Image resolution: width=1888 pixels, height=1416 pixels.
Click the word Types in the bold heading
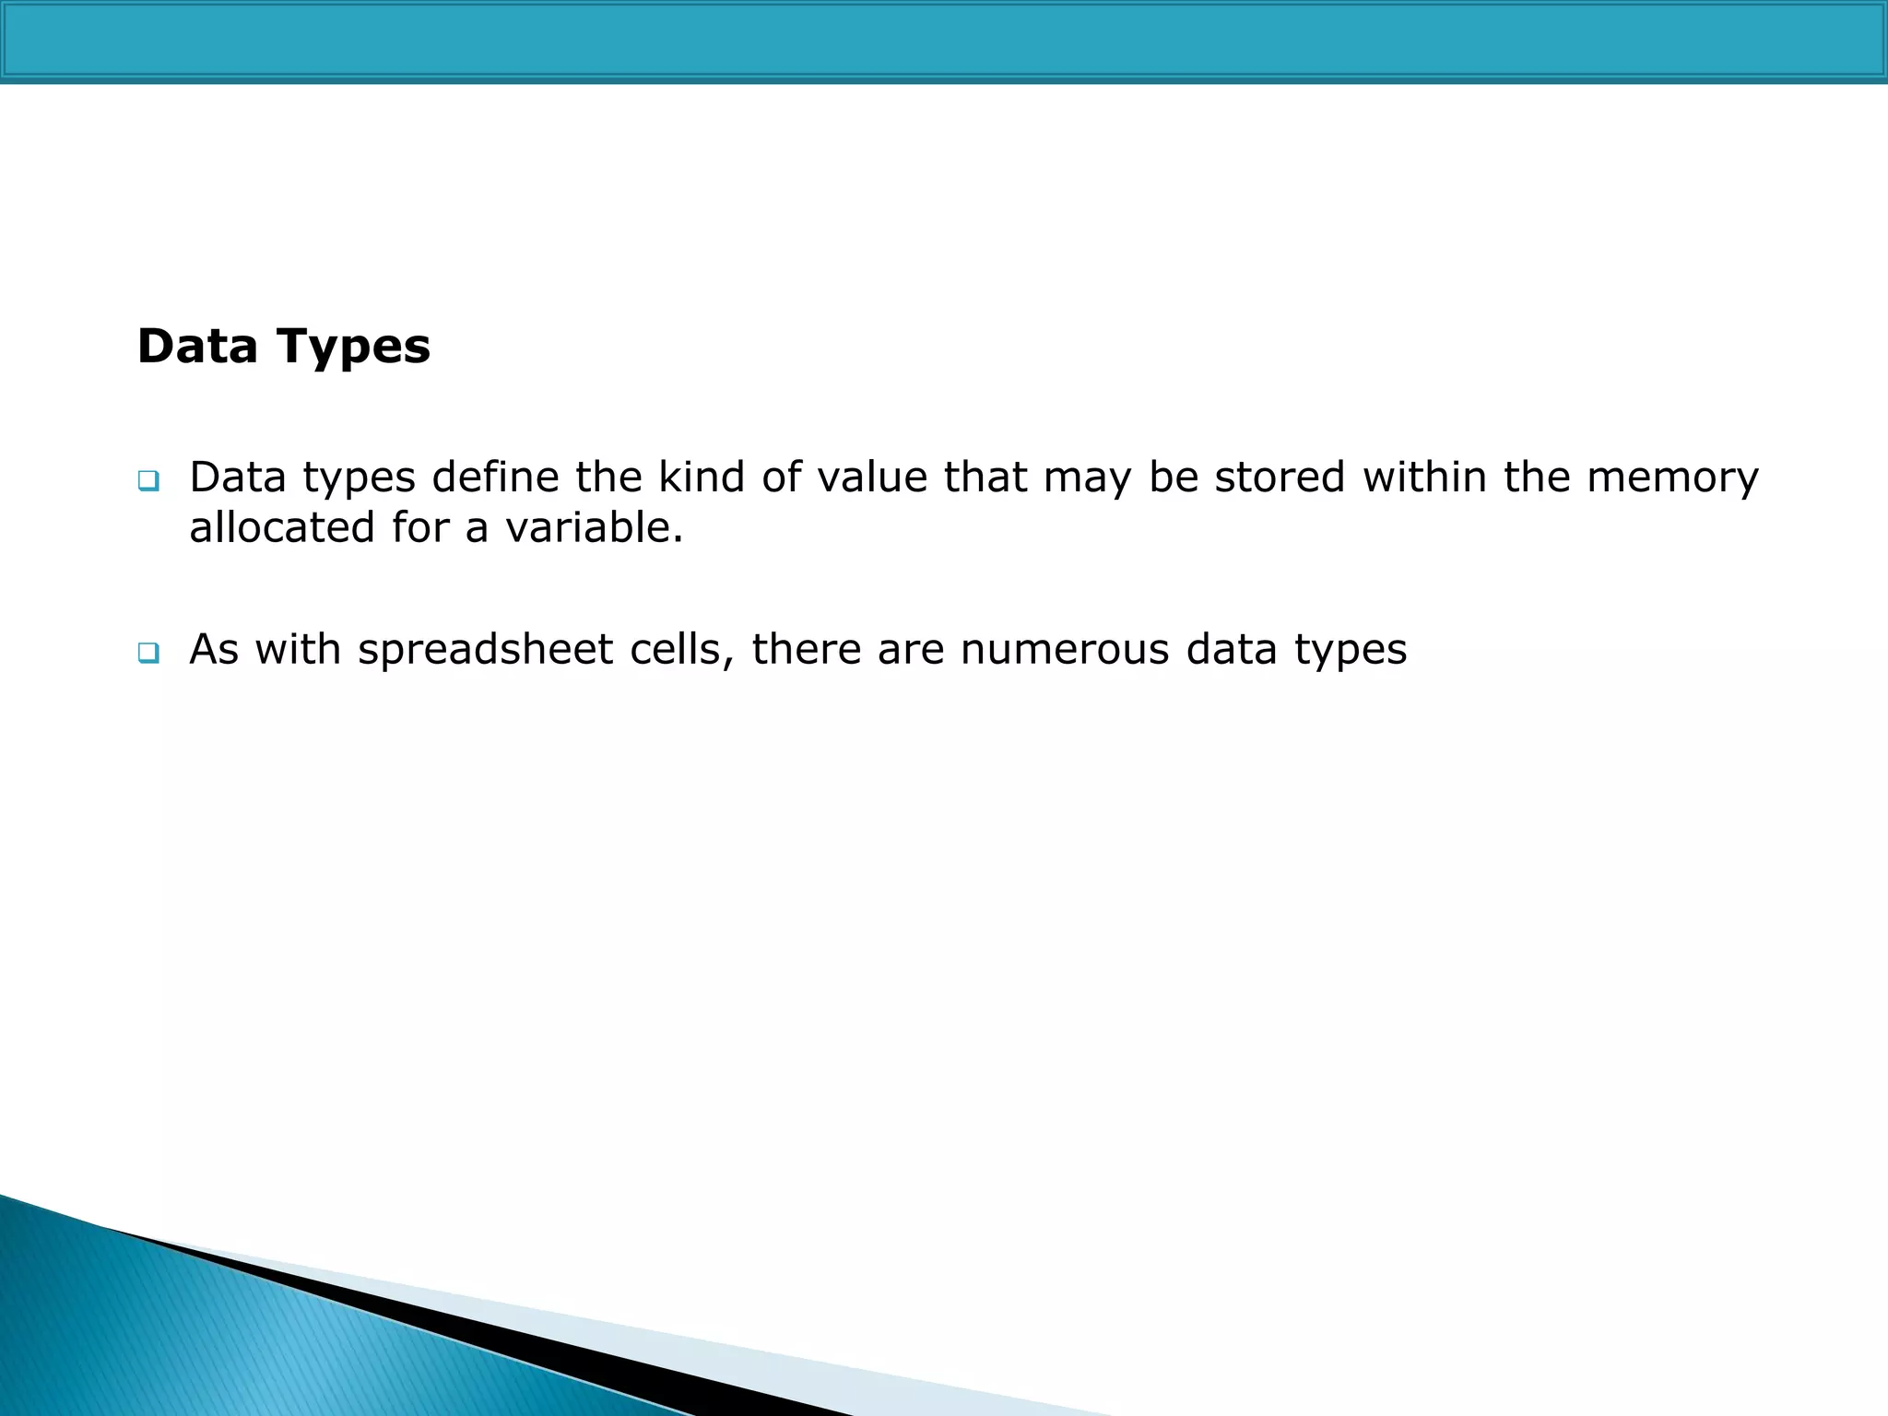(x=352, y=348)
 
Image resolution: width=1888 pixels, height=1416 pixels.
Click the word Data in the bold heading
(x=197, y=347)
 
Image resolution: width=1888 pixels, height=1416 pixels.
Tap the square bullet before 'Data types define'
(x=147, y=480)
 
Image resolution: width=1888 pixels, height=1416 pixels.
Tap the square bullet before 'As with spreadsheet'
(x=147, y=653)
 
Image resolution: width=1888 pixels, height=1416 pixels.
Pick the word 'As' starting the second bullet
(x=214, y=650)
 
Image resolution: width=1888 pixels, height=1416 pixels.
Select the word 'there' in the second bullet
(x=806, y=650)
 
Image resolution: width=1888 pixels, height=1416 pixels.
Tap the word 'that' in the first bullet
(x=985, y=478)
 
